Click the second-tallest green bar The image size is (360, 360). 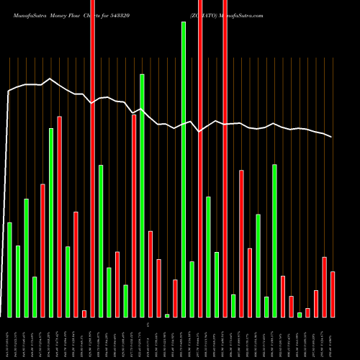(x=142, y=195)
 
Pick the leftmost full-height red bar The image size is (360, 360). (x=92, y=158)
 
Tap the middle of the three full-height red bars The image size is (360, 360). (x=200, y=158)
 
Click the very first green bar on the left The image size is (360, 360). (x=9, y=269)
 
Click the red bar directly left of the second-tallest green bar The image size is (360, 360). (x=134, y=215)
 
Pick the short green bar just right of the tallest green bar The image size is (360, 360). (x=192, y=289)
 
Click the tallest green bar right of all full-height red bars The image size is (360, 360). (x=274, y=240)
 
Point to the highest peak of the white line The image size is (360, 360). (x=49, y=78)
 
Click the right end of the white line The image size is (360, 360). (x=332, y=137)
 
